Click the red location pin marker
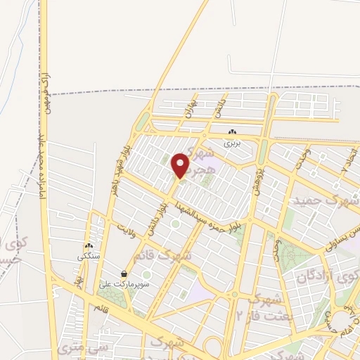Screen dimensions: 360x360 [181, 165]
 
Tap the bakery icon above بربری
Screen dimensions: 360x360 [232, 132]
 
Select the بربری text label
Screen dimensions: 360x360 [232, 142]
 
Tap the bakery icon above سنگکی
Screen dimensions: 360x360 [89, 245]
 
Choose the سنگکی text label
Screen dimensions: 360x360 [89, 256]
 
